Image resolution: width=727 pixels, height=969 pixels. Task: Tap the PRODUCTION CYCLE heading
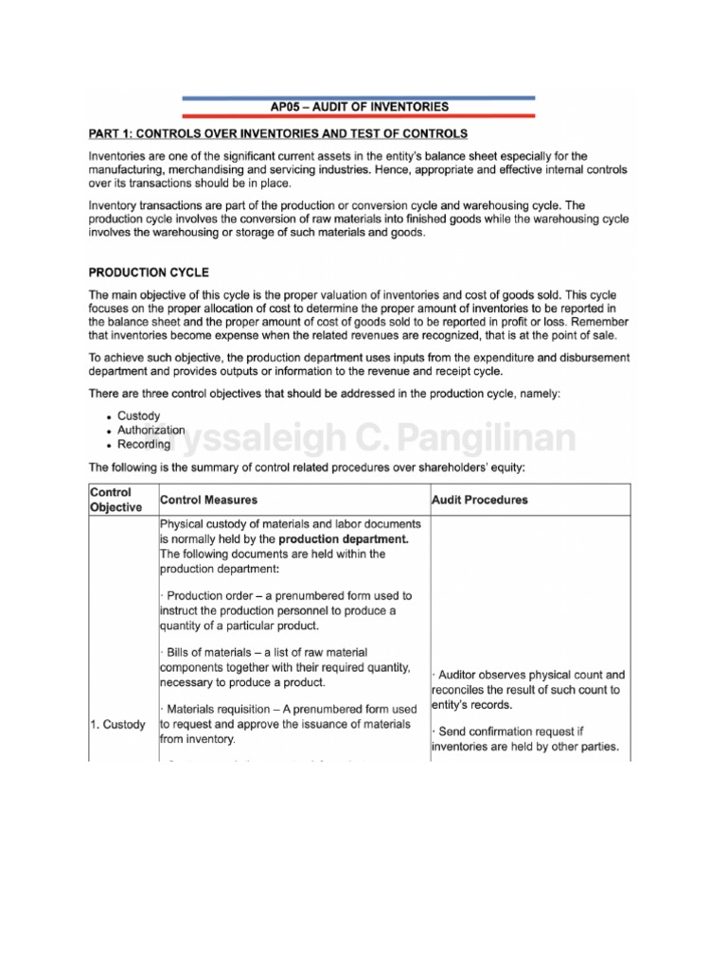click(147, 270)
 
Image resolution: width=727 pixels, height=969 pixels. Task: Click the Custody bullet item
click(138, 415)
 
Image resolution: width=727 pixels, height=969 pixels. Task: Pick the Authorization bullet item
click(151, 430)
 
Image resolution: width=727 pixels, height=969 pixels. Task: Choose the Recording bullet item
click(144, 444)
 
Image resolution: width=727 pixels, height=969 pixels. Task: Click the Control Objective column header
click(115, 499)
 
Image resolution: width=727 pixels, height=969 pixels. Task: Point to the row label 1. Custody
click(118, 725)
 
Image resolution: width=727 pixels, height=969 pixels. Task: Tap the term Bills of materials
click(207, 653)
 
